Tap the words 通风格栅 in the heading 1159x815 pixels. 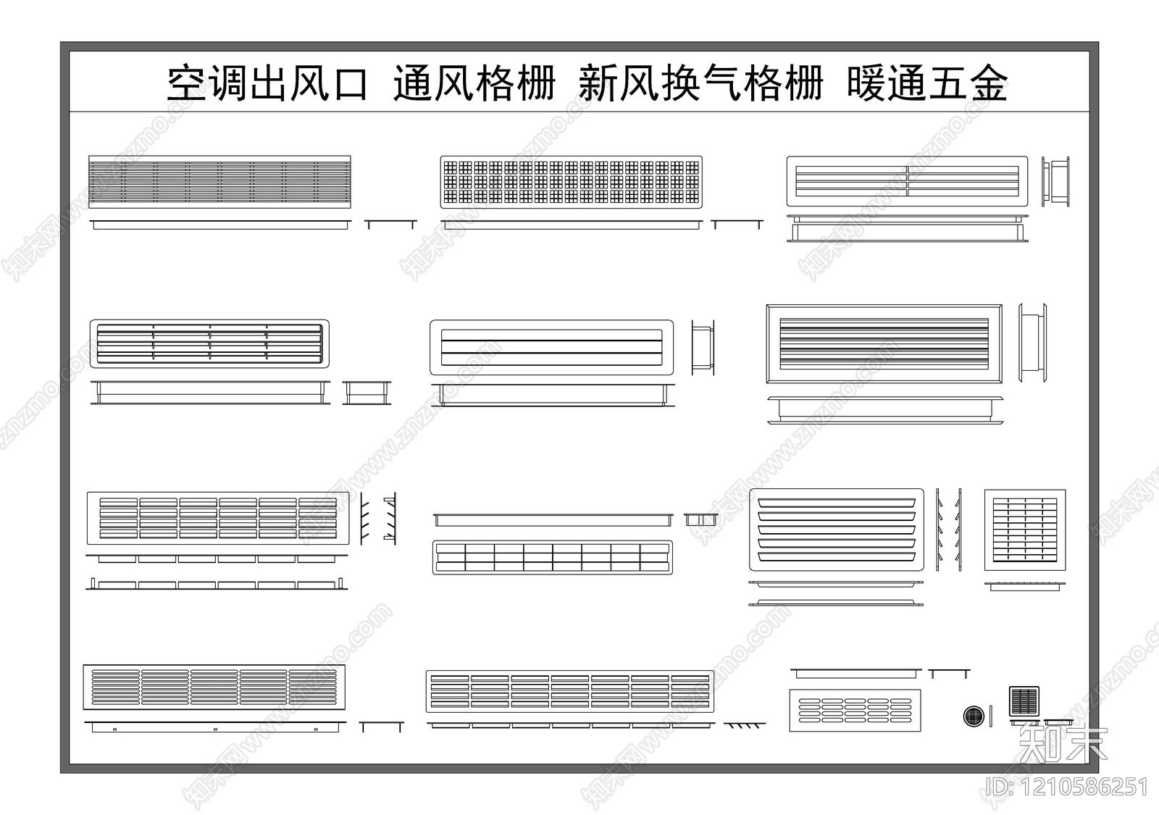pyautogui.click(x=474, y=84)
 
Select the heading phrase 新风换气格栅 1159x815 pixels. pyautogui.click(x=701, y=84)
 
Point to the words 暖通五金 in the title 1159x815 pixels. pyautogui.click(x=927, y=84)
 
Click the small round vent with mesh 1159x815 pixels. pyautogui.click(x=974, y=716)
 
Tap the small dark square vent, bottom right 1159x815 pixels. pyautogui.click(x=1024, y=701)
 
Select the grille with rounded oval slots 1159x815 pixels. pyautogui.click(x=855, y=711)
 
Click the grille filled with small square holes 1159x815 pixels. pyautogui.click(x=572, y=182)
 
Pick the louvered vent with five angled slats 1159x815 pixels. pyautogui.click(x=837, y=529)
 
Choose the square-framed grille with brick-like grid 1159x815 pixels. pyautogui.click(x=1024, y=530)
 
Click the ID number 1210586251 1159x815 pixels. pyautogui.click(x=1068, y=787)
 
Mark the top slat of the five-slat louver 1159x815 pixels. pyautogui.click(x=837, y=501)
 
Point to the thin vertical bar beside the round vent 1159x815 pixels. pyautogui.click(x=991, y=716)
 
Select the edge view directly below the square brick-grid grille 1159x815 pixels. pyautogui.click(x=1024, y=585)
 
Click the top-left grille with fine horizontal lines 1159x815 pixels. pyautogui.click(x=219, y=182)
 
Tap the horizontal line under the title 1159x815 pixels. pyautogui.click(x=579, y=112)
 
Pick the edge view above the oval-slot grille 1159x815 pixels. pyautogui.click(x=855, y=673)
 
